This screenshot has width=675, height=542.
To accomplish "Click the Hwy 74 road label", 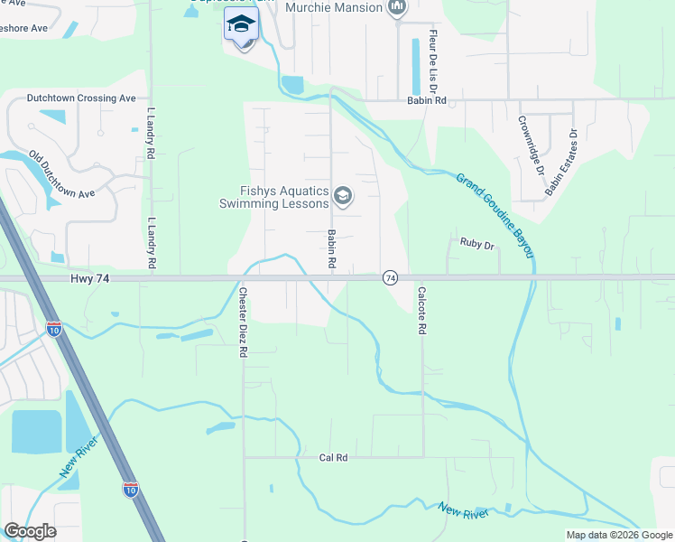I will pyautogui.click(x=88, y=280).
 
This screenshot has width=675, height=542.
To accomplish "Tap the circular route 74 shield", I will pyautogui.click(x=391, y=278).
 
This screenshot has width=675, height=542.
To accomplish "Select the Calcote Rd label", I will pyautogui.click(x=421, y=312).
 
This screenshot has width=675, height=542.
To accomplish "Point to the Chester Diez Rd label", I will pyautogui.click(x=243, y=322).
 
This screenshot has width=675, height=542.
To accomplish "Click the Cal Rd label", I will pyautogui.click(x=334, y=458).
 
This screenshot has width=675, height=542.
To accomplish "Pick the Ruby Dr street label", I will pyautogui.click(x=477, y=245).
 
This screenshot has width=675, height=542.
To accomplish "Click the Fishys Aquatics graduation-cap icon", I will pyautogui.click(x=343, y=195).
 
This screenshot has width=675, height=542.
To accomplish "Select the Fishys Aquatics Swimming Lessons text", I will pyautogui.click(x=273, y=197).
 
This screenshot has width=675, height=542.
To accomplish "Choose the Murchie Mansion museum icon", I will pyautogui.click(x=396, y=8).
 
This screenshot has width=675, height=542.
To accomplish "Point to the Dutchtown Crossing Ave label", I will pyautogui.click(x=81, y=98).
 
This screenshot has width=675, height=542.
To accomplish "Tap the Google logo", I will pyautogui.click(x=30, y=531).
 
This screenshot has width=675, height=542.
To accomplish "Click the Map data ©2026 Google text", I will pyautogui.click(x=618, y=535).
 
